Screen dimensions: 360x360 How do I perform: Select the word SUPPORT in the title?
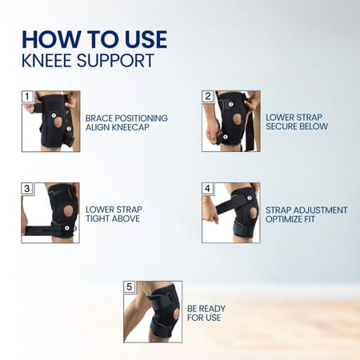122,60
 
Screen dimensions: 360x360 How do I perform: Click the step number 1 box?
26,97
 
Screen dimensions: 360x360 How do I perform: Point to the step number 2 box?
208,97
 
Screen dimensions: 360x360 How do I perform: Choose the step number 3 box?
26,189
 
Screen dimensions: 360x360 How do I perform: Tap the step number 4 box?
208,189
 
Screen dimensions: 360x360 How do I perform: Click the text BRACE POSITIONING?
126,118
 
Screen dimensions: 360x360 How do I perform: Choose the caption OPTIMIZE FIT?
294,221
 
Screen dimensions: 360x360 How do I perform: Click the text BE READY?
207,309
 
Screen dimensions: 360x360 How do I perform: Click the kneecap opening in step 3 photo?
68,210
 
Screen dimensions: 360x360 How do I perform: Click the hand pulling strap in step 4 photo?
210,210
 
